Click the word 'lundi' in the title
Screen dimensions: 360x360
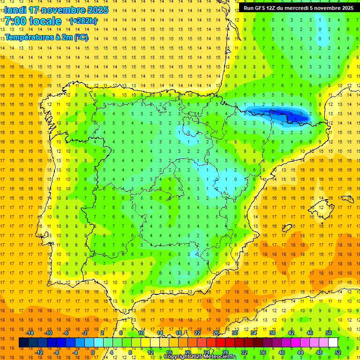point(15,10)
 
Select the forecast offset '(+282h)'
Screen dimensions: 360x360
point(83,21)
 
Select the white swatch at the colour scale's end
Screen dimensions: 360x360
point(333,343)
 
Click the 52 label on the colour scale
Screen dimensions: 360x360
point(337,352)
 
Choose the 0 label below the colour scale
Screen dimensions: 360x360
point(93,352)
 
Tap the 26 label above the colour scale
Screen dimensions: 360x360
point(216,333)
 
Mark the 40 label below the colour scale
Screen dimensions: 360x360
point(281,352)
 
